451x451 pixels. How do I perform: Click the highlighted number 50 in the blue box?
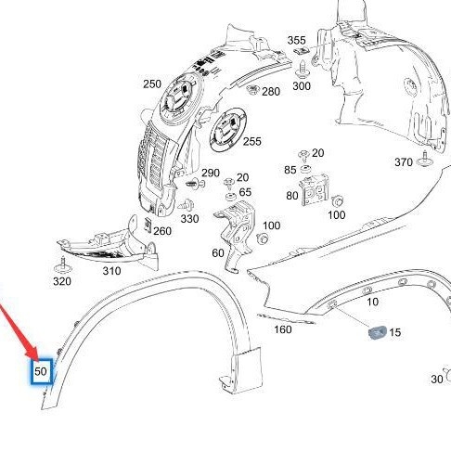point(41,371)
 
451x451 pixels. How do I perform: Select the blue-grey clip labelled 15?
point(378,332)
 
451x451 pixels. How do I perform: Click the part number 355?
point(296,40)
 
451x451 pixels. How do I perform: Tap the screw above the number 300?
point(301,70)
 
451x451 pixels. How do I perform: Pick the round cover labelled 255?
point(228,130)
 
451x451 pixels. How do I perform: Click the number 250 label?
point(152,84)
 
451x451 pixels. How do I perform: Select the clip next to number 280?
point(252,89)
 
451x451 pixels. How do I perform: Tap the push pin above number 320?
point(63,265)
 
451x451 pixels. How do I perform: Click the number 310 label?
point(111,271)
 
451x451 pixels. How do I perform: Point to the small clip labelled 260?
point(148,225)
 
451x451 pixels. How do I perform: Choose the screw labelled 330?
point(187,204)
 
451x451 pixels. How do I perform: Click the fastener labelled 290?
point(195,184)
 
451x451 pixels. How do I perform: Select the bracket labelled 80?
point(315,189)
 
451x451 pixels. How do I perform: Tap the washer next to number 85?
point(305,169)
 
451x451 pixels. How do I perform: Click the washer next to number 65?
point(230,196)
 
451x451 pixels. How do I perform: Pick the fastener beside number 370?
point(424,160)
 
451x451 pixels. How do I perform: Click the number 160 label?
point(283,329)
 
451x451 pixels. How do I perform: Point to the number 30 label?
point(437,379)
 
